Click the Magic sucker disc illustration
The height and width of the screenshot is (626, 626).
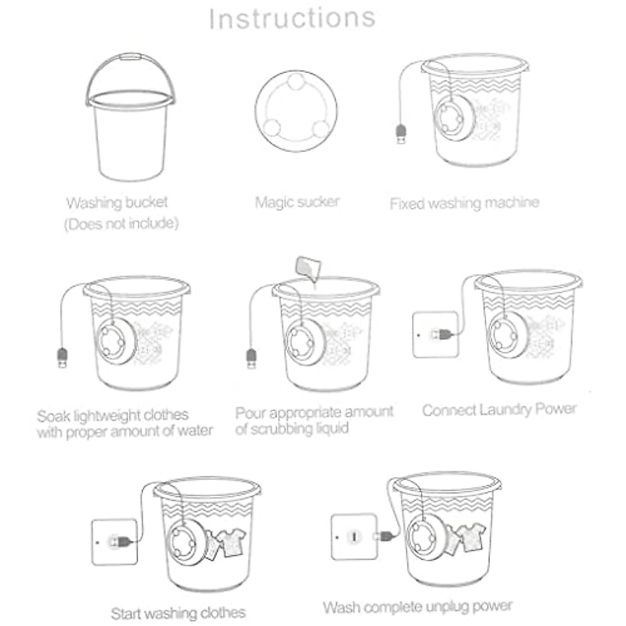click(296, 111)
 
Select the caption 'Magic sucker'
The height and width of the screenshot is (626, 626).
click(297, 202)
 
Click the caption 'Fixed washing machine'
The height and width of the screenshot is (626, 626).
click(464, 203)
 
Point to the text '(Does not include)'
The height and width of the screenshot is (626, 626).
click(121, 224)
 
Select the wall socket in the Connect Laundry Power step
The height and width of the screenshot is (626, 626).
click(435, 334)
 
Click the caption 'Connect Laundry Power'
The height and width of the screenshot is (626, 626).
click(499, 410)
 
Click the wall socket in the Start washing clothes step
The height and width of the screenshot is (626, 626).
click(115, 541)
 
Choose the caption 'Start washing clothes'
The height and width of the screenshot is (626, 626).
click(178, 612)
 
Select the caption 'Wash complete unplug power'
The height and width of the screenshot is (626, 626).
click(417, 607)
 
